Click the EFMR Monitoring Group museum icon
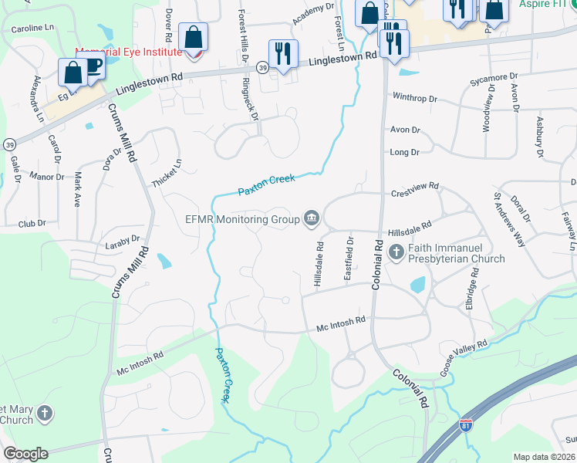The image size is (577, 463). pyautogui.click(x=311, y=219)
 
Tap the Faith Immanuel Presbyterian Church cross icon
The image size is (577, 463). pyautogui.click(x=396, y=252)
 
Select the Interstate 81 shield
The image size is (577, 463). pyautogui.click(x=464, y=425)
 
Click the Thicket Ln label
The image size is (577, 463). pyautogui.click(x=167, y=174)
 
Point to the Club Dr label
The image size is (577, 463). pyautogui.click(x=32, y=224)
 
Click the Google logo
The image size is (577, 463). pyautogui.click(x=25, y=454)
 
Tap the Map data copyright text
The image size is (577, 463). pyautogui.click(x=545, y=457)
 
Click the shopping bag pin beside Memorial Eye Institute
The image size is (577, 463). pyautogui.click(x=192, y=37)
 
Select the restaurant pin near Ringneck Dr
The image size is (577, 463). pyautogui.click(x=282, y=54)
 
